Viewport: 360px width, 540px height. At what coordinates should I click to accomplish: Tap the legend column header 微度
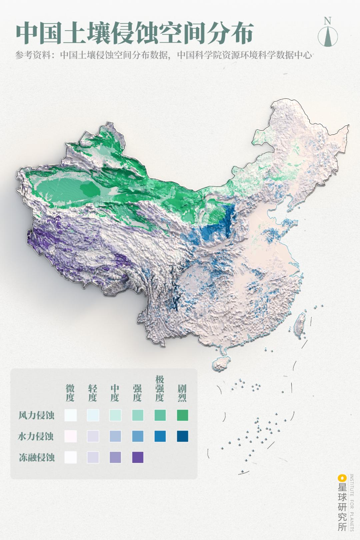70,393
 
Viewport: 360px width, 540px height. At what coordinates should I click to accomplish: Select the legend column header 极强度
160,388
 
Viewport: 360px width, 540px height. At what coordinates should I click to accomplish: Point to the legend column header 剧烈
182,393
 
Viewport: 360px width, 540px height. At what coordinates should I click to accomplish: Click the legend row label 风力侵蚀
36,415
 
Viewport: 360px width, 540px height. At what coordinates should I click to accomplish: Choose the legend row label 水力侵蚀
36,436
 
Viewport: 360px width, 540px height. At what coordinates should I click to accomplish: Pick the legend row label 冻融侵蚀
36,457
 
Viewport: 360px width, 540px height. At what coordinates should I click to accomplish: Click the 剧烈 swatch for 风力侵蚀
182,415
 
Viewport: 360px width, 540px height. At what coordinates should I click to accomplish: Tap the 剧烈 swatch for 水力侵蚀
182,436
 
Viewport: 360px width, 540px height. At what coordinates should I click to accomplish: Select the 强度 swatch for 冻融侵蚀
138,457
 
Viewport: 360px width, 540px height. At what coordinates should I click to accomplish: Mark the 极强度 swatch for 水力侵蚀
160,436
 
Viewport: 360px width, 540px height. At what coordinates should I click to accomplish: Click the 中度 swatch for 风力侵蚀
115,415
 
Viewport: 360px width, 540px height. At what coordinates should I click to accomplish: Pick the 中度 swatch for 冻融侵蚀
115,457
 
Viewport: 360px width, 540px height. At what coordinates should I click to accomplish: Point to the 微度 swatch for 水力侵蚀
70,436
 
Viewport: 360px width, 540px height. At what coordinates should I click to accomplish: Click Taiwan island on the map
300,322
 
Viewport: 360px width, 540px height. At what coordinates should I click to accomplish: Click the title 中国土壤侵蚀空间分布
135,33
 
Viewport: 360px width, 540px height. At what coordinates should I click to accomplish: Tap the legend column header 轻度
92,393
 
